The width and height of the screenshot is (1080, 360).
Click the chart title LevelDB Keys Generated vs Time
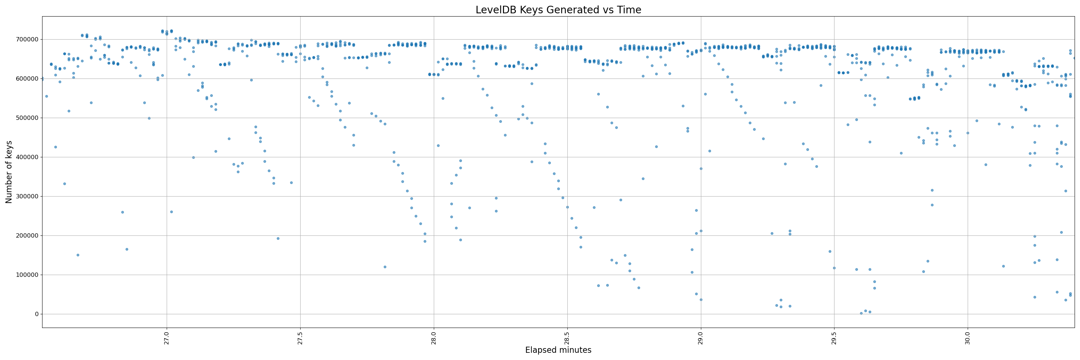(x=558, y=10)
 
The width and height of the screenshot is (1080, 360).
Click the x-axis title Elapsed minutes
(x=558, y=350)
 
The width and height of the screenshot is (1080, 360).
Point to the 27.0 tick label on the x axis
(x=167, y=337)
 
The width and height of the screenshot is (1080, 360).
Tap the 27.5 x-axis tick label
(x=300, y=337)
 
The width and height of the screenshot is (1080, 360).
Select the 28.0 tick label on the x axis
(x=434, y=337)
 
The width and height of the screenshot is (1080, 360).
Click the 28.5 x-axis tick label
(x=567, y=337)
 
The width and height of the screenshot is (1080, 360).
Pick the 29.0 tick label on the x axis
(x=701, y=337)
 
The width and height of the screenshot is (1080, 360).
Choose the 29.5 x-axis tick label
(x=834, y=337)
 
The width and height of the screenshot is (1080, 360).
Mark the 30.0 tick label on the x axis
(x=968, y=337)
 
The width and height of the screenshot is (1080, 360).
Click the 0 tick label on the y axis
(x=36, y=314)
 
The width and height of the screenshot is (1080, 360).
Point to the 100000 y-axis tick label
(x=27, y=275)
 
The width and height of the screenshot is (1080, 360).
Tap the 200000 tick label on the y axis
(x=27, y=235)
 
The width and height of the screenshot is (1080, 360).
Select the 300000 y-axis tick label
(x=27, y=196)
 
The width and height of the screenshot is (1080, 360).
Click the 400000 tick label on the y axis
(x=27, y=157)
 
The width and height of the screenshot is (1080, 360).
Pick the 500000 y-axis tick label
(x=27, y=118)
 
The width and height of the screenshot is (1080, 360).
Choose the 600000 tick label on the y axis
(x=27, y=79)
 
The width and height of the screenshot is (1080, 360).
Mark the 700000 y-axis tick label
(x=27, y=39)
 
